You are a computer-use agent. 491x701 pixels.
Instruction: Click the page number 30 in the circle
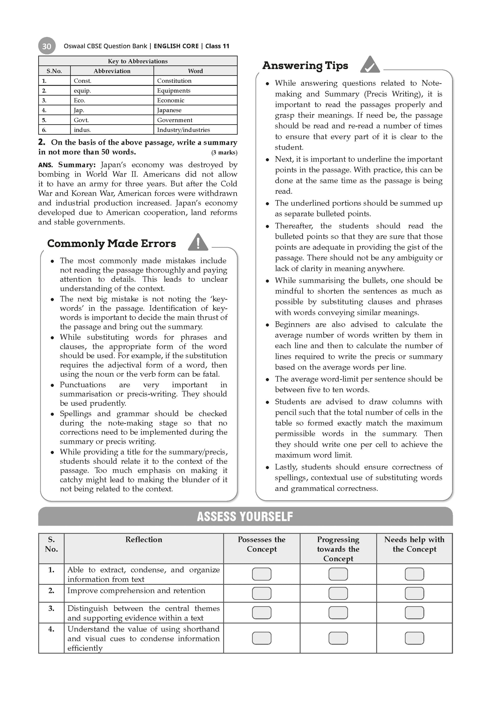(47, 46)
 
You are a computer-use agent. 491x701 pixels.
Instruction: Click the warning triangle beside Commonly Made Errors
(198, 243)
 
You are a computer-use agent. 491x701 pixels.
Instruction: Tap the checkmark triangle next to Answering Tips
(370, 65)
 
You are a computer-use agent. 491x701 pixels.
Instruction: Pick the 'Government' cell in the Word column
(175, 120)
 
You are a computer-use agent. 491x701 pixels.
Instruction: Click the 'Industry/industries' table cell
(183, 130)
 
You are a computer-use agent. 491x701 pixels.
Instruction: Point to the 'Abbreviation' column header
(112, 71)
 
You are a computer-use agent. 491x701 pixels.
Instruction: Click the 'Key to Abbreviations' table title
(138, 61)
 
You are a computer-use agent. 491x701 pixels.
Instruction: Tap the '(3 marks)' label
(224, 152)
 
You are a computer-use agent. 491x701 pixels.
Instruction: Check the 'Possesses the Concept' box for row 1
(262, 574)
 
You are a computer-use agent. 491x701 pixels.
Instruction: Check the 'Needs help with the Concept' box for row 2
(414, 593)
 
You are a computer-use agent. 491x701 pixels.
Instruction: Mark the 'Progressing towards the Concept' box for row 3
(338, 612)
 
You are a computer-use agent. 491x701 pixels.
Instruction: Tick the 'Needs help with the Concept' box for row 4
(414, 638)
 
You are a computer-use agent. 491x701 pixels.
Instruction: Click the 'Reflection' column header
(144, 540)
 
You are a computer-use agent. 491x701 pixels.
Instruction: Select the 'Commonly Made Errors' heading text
(111, 243)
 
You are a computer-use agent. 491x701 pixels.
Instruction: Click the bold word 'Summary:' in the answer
(77, 165)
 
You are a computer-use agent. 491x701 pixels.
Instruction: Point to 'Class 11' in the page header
(217, 46)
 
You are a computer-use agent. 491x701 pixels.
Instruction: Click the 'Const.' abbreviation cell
(82, 80)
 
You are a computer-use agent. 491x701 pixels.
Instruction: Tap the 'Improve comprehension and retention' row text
(136, 591)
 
